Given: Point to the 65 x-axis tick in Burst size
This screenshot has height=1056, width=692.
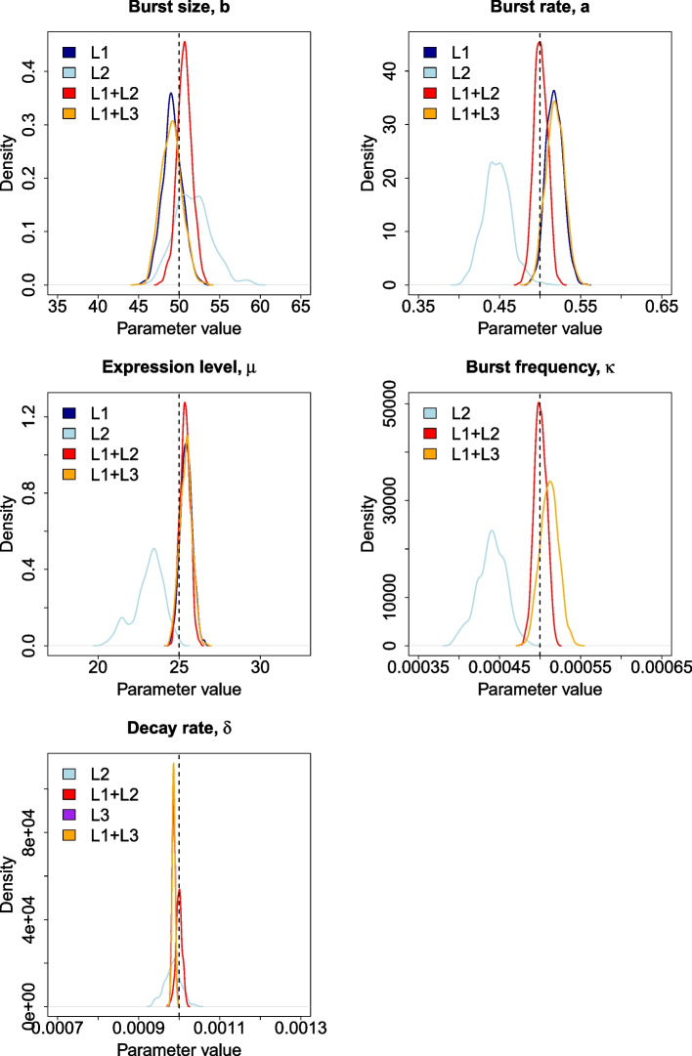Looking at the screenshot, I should (x=301, y=307).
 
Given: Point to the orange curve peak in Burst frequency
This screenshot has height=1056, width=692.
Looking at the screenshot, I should (x=551, y=481).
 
